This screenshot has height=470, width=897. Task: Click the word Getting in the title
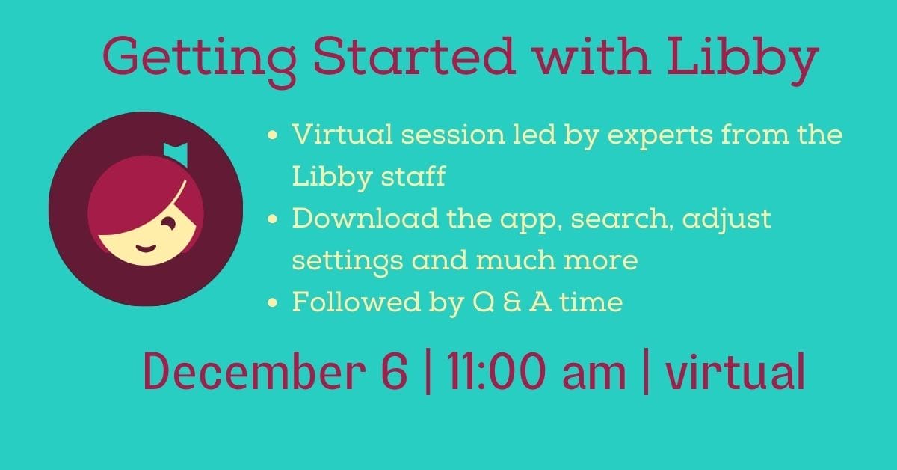coord(200,61)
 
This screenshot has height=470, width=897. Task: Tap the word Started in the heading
coord(414,56)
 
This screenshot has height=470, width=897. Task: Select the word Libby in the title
coord(743,61)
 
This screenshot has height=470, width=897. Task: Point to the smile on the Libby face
coord(146,248)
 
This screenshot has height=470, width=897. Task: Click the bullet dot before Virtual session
coord(272,135)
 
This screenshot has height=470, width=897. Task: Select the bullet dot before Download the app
coord(272,219)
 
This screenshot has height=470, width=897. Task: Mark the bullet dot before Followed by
coord(272,302)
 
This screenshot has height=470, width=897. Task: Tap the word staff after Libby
coord(413,176)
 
